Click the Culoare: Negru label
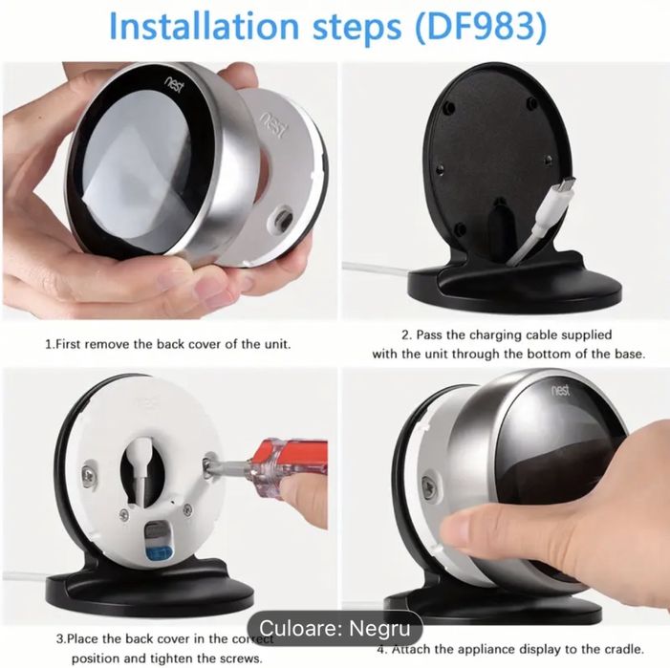click(x=335, y=628)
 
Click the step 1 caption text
click(x=168, y=343)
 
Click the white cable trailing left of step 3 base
click(x=29, y=576)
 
